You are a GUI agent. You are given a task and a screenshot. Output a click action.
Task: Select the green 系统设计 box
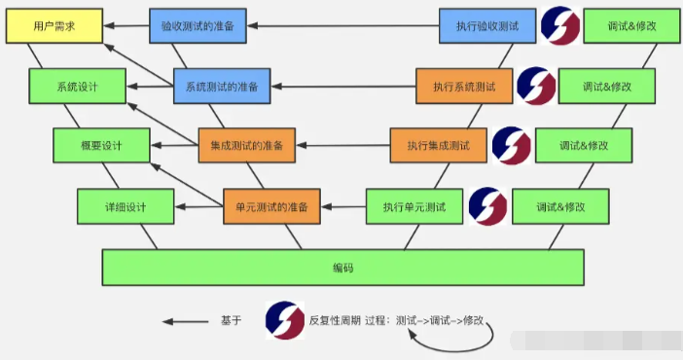[x=77, y=86]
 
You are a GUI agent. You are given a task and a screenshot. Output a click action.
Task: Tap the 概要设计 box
[x=101, y=146]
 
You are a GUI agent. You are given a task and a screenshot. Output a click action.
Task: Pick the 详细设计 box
[x=126, y=206]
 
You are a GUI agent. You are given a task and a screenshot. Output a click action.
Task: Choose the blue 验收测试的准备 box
[x=198, y=25]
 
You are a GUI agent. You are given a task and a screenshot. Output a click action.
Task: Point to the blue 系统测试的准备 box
[x=222, y=86]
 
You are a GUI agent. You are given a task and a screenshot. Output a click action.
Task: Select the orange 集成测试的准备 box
[x=246, y=146]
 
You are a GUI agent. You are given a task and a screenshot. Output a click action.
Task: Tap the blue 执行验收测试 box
[x=486, y=25]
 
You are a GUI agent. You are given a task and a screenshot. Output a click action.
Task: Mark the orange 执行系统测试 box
[x=463, y=86]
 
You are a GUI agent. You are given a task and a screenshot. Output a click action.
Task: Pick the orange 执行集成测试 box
[x=438, y=146]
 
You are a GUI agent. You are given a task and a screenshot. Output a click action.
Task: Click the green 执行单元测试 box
[x=413, y=206]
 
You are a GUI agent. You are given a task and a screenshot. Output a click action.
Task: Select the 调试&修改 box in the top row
[x=631, y=25]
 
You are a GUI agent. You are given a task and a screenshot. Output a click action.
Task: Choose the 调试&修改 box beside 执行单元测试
[x=560, y=206]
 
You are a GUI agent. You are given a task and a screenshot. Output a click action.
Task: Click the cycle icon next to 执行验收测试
[x=559, y=26]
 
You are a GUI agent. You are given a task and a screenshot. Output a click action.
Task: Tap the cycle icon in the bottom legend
[x=284, y=320]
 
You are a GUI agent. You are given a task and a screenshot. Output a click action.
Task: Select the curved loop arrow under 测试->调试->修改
[x=457, y=341]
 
